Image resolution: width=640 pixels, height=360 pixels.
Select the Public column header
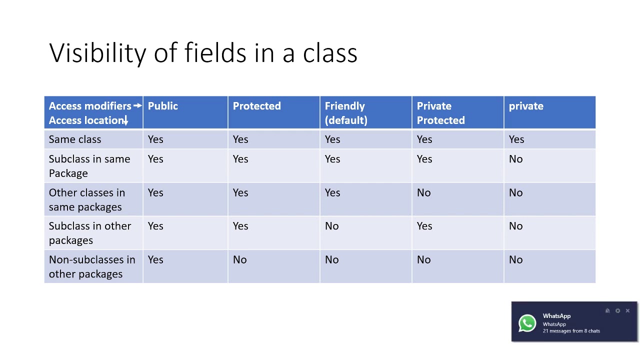[x=163, y=106]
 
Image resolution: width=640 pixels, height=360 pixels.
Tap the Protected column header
[x=256, y=106]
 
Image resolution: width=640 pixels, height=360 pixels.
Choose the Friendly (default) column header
[x=345, y=113]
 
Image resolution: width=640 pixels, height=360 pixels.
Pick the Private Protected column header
[x=440, y=113]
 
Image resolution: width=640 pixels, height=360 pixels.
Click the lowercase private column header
[x=526, y=106]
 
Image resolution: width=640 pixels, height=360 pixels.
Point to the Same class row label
[x=75, y=139]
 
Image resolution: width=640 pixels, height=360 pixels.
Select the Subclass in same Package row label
[x=89, y=166]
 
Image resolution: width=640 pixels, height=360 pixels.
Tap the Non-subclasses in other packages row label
[x=92, y=266]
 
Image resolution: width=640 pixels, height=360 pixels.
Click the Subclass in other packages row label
[x=90, y=233]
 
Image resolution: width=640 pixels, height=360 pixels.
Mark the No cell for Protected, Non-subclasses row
[x=240, y=260]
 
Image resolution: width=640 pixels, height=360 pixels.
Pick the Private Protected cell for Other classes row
[x=423, y=193]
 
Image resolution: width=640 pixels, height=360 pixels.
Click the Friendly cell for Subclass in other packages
[x=332, y=226]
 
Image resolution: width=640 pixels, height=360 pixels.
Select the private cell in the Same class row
[x=516, y=139]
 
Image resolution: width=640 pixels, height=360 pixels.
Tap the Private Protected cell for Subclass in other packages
[x=424, y=226]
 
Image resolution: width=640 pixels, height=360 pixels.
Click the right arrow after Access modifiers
[x=137, y=106]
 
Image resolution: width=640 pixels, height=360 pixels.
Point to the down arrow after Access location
[x=126, y=120]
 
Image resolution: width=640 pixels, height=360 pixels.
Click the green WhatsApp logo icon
[x=527, y=323]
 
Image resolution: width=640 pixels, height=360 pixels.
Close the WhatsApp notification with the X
[x=627, y=311]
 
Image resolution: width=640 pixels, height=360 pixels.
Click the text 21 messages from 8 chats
[x=571, y=331]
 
